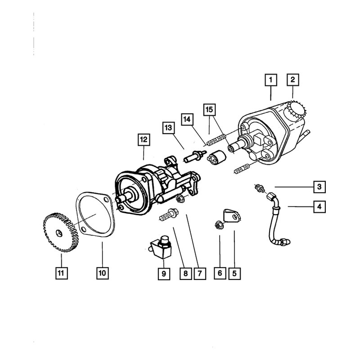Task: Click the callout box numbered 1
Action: [x=270, y=81]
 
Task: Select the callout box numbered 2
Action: [x=292, y=81]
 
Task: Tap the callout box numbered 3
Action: [x=318, y=186]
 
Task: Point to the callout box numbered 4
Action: [x=318, y=207]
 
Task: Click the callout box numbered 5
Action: [x=234, y=272]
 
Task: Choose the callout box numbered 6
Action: [x=220, y=272]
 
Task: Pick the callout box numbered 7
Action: [x=198, y=273]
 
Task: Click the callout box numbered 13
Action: [x=168, y=128]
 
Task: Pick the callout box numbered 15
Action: [x=209, y=109]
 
